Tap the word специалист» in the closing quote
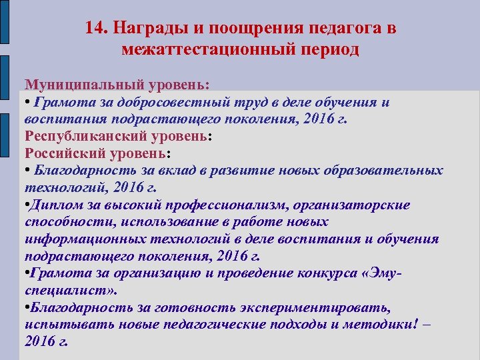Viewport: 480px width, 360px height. tap(71, 291)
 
